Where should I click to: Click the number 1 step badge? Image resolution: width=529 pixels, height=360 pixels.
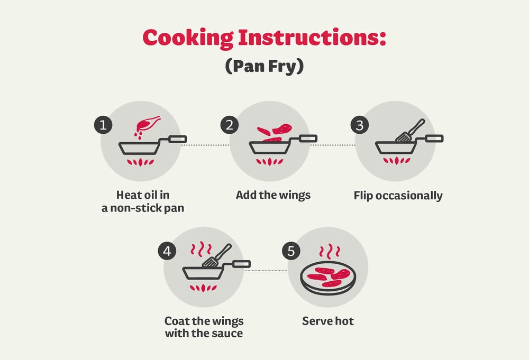pyautogui.click(x=103, y=125)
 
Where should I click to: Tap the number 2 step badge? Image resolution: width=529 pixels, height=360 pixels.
pyautogui.click(x=230, y=125)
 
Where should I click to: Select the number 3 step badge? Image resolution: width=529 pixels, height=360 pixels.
pyautogui.click(x=360, y=125)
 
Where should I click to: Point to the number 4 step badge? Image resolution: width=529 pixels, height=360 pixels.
pyautogui.click(x=167, y=251)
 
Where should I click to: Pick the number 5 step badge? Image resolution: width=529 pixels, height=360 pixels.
pyautogui.click(x=291, y=251)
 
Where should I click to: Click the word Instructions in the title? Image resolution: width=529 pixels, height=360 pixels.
pyautogui.click(x=312, y=37)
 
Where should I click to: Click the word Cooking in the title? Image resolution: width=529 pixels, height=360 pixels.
pyautogui.click(x=188, y=38)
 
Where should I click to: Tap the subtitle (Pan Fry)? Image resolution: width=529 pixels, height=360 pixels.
pyautogui.click(x=264, y=66)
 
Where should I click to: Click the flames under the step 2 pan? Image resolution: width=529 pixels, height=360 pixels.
pyautogui.click(x=269, y=161)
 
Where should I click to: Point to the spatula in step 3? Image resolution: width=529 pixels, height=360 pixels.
pyautogui.click(x=411, y=131)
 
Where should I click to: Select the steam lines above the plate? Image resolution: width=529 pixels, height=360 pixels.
pyautogui.click(x=330, y=252)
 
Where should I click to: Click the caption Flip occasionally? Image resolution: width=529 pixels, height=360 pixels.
pyautogui.click(x=398, y=196)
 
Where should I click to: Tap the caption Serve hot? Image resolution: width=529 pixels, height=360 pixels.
pyautogui.click(x=328, y=321)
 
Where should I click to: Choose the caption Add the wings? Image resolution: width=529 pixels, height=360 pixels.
pyautogui.click(x=273, y=195)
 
